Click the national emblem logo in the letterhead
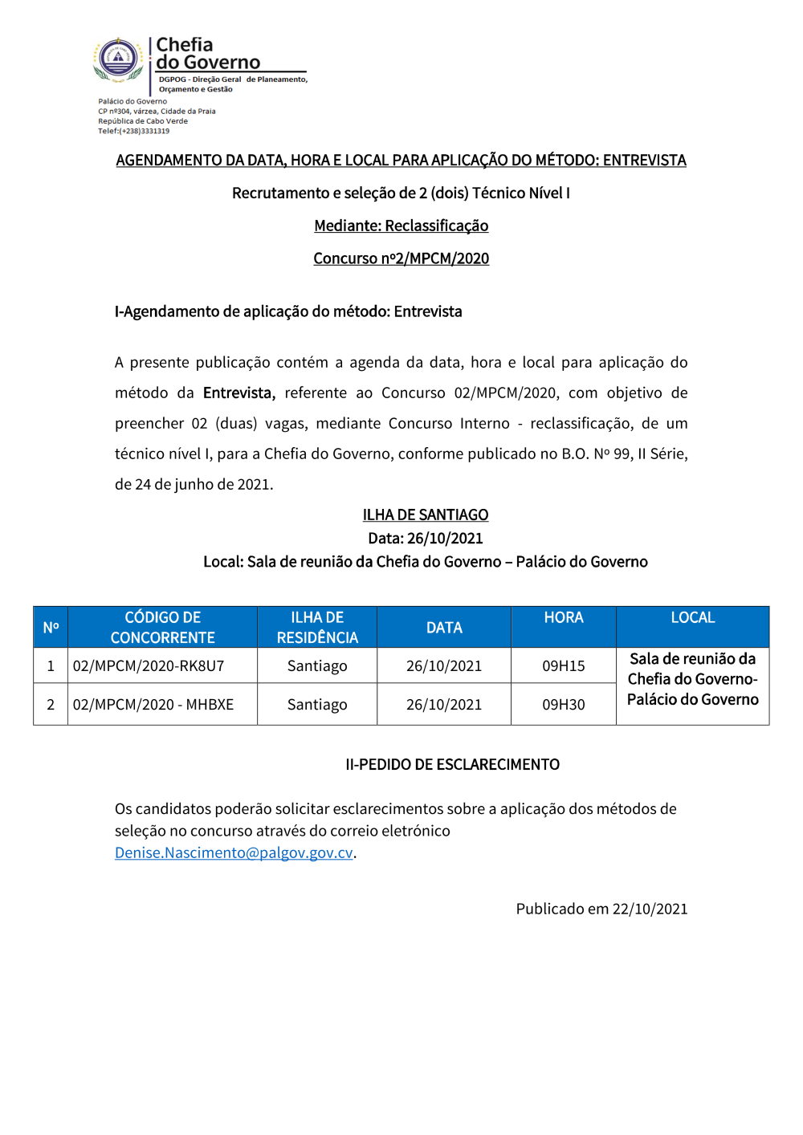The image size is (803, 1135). tap(118, 59)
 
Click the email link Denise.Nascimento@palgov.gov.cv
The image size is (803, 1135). tap(234, 852)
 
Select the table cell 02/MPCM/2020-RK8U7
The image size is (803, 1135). tap(149, 665)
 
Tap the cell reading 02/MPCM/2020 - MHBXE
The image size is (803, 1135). tap(153, 704)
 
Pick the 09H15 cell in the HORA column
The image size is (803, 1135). tap(563, 665)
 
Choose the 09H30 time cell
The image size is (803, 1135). tap(563, 704)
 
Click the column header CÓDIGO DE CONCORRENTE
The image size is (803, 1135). tap(162, 627)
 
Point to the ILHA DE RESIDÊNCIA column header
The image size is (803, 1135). tap(317, 627)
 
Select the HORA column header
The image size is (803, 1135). tap(563, 617)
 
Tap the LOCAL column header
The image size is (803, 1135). tap(692, 617)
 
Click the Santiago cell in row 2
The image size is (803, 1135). tap(317, 704)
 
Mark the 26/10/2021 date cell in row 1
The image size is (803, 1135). tap(444, 665)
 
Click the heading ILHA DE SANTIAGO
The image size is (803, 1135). tap(425, 515)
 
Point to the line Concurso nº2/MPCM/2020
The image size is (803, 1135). tap(401, 258)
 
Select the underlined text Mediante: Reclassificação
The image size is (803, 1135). tap(401, 226)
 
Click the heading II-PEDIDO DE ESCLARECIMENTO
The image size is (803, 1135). tap(452, 764)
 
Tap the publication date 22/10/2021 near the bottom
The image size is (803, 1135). tap(650, 909)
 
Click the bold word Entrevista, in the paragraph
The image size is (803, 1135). tap(238, 393)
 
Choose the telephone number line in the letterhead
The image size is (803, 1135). tap(134, 131)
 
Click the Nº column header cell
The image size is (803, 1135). tap(51, 627)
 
